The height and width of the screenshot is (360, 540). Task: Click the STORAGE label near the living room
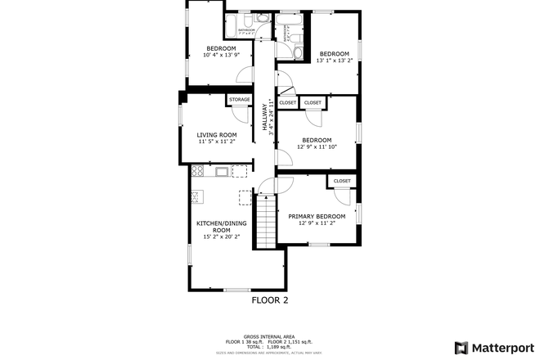239,99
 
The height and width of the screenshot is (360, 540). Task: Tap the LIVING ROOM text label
217,134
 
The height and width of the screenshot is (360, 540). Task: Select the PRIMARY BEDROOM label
317,216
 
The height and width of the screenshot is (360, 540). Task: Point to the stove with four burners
196,172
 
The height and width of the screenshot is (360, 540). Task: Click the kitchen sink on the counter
220,172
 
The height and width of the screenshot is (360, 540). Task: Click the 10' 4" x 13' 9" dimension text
221,55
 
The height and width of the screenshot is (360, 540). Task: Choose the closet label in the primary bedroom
342,181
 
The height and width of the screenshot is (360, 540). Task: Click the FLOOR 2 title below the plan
269,300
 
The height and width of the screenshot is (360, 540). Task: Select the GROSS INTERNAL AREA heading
269,335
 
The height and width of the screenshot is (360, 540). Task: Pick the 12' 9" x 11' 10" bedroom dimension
317,146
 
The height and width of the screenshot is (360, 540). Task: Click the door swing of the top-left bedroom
244,74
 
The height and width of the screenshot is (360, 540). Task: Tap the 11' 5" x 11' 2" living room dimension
217,142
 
